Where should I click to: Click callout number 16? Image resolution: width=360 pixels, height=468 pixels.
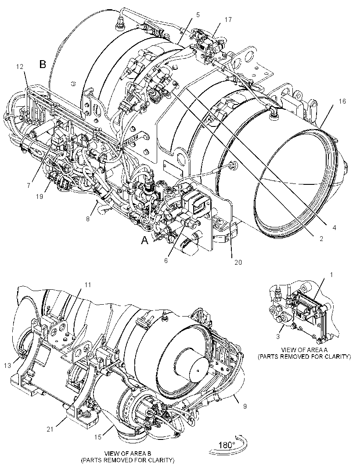coord(342,101)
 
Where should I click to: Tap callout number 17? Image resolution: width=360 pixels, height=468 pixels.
coord(228,20)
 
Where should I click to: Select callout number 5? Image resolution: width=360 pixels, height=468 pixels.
coord(198,14)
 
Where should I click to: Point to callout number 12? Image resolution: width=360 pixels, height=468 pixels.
coord(20,67)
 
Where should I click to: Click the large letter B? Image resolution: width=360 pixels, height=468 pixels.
coord(43,64)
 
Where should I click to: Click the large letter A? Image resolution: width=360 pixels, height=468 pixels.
coord(145,240)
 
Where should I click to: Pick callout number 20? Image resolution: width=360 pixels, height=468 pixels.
coord(238,263)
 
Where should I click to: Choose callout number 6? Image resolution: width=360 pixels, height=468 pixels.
coord(166,261)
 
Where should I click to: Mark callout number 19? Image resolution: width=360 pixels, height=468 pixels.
coord(40,196)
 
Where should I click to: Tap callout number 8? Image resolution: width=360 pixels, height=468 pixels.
coord(88,219)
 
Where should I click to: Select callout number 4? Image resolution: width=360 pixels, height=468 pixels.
coord(334,228)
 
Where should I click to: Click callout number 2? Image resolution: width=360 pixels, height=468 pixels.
coord(321,239)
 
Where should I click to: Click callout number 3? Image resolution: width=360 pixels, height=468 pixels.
coord(277,337)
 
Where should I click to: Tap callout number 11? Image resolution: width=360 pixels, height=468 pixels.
coord(87,285)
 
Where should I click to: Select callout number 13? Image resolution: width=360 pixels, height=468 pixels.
coord(7,365)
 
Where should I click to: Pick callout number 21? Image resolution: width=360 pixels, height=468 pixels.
coord(50,429)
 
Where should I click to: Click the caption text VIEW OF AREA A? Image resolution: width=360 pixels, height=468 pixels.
coord(305,350)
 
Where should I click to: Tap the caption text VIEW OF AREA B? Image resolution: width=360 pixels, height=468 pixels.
coord(128,453)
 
